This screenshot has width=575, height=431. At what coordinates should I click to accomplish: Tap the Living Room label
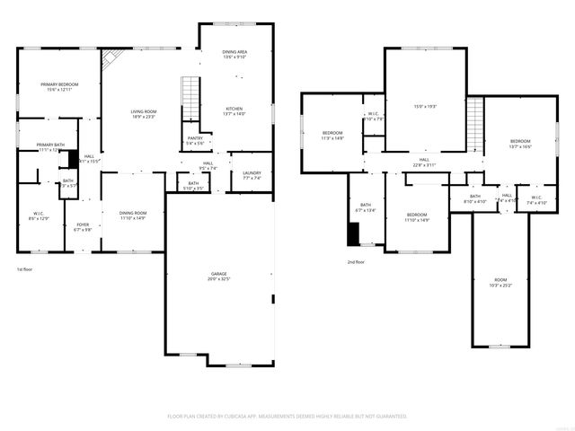[x=144, y=112]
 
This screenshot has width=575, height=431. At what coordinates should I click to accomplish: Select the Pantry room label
[x=195, y=139]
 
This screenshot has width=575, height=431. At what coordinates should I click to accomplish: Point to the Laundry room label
[x=252, y=174]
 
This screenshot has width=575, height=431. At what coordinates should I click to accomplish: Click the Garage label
[x=219, y=276]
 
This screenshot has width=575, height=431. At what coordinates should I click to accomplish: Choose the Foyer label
[x=83, y=225]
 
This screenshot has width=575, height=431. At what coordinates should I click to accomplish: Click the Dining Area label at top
[x=234, y=53]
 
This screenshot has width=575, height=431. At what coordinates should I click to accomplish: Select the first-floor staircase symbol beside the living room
[x=190, y=92]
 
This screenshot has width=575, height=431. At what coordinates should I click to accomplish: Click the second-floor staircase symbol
[x=475, y=114]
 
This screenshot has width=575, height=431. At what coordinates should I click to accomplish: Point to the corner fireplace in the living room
[x=110, y=59]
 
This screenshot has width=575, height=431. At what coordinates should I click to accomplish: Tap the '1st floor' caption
[x=25, y=269]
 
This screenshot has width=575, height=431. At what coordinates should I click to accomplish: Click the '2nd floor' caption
[x=356, y=262]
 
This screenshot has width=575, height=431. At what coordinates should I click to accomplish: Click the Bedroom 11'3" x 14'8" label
[x=332, y=136]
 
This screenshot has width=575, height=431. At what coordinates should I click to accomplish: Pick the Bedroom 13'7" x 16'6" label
[x=520, y=144]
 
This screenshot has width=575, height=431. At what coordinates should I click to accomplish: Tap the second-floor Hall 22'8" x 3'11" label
[x=424, y=163]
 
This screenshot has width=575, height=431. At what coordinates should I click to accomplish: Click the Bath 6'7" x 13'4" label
[x=366, y=207]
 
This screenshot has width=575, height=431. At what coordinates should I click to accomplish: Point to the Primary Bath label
[x=50, y=146]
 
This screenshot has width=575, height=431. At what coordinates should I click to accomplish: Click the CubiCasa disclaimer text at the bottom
[x=287, y=416]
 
